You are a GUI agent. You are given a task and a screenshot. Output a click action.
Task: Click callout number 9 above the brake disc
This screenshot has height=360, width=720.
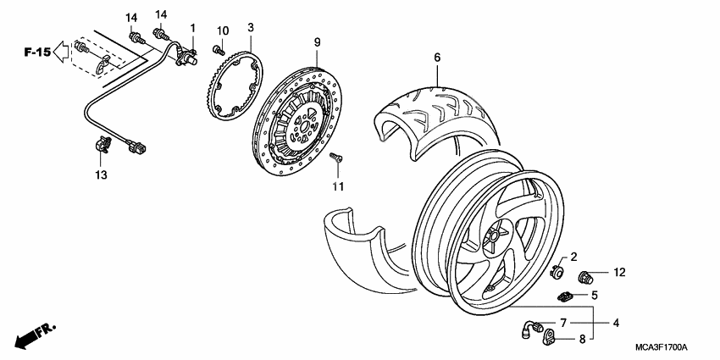316,42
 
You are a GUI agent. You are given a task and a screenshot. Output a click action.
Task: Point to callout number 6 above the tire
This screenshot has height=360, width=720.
437,58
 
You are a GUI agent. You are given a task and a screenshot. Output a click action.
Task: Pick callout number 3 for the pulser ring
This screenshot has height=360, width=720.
251,28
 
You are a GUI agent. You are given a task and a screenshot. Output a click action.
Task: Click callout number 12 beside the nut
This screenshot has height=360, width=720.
619,273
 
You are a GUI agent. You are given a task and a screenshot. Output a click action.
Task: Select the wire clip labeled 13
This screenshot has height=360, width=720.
103,147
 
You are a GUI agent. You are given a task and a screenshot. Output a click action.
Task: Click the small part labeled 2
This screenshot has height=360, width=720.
557,271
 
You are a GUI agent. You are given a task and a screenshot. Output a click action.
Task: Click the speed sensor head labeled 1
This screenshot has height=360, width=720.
186,56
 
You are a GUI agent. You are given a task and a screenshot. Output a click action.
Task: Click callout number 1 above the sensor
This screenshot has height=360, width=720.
192,28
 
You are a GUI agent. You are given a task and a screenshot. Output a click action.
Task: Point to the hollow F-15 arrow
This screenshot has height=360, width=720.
61,53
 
